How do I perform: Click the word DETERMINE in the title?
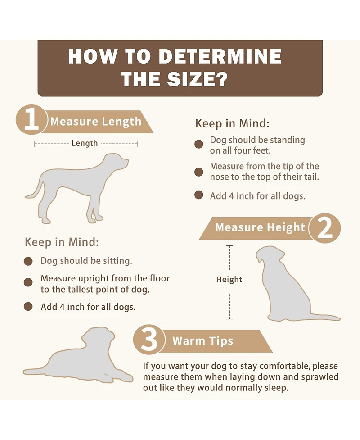pos(220,56)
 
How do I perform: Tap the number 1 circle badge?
pos(31,120)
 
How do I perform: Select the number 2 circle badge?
pos(324,228)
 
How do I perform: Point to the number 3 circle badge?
pos(149,340)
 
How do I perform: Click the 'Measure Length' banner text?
pos(96,122)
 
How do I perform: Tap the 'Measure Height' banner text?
pos(260,227)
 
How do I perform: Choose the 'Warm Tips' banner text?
pos(202,341)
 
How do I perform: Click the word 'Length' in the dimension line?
pos(85,143)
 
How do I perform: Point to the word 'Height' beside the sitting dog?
pos(229,280)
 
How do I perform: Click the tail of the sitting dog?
pos(325,317)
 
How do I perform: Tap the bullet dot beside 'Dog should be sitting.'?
pos(28,261)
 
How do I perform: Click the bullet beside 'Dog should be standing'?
pos(199,144)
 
